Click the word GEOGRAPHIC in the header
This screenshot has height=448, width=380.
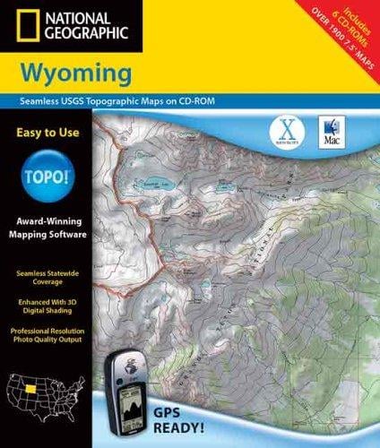(82, 36)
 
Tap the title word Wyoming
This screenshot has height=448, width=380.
(99, 71)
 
